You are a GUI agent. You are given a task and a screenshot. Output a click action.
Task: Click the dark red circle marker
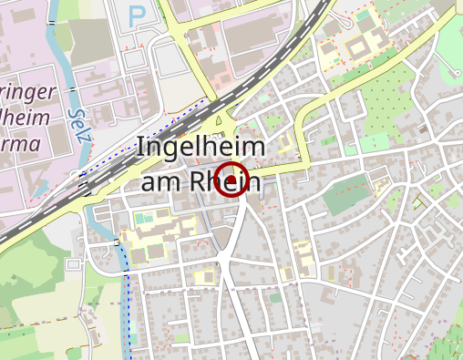(232, 180)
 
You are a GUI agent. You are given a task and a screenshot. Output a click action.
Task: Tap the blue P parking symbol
(137, 15)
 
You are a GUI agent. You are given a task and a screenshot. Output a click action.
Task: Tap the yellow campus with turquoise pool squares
(150, 228)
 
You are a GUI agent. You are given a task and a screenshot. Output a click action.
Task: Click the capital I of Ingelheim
(140, 149)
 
